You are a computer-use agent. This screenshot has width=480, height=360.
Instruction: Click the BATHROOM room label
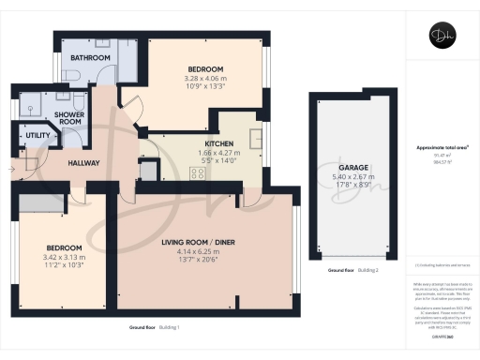click(x=92, y=58)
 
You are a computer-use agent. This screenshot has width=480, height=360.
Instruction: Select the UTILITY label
click(x=37, y=136)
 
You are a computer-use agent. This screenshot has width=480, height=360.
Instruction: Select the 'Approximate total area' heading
click(x=436, y=150)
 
